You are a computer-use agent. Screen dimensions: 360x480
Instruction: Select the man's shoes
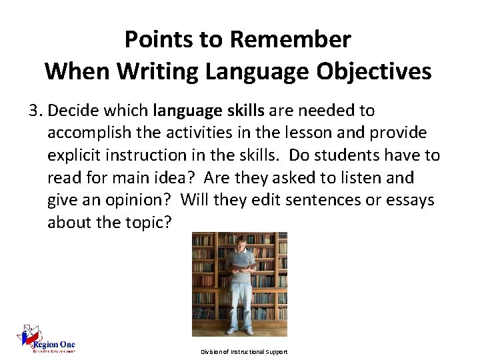point(239,330)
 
